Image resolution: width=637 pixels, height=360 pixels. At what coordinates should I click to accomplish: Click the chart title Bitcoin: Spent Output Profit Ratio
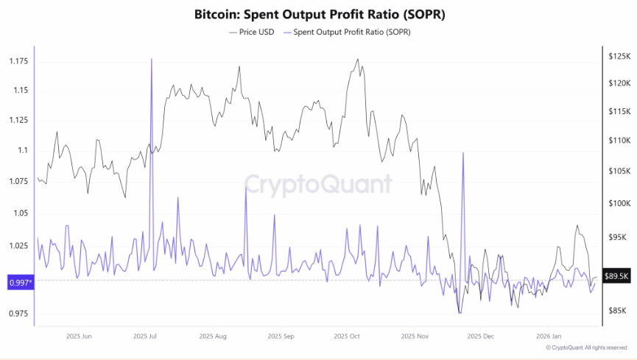319,15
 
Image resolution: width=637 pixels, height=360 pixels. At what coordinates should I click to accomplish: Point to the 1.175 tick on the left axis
18,60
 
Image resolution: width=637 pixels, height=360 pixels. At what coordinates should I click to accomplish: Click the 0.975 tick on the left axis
18,314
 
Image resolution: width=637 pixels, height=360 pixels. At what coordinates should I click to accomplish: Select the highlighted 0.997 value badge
21,282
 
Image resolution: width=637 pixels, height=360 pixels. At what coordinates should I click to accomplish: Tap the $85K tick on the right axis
617,311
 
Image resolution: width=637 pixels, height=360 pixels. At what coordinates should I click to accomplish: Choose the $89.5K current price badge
617,276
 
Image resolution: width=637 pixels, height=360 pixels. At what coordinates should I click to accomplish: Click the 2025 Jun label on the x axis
78,336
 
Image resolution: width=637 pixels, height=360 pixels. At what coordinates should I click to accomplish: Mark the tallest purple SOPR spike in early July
152,59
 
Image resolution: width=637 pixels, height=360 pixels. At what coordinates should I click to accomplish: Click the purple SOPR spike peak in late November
462,153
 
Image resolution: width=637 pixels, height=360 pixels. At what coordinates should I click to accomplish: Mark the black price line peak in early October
358,60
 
